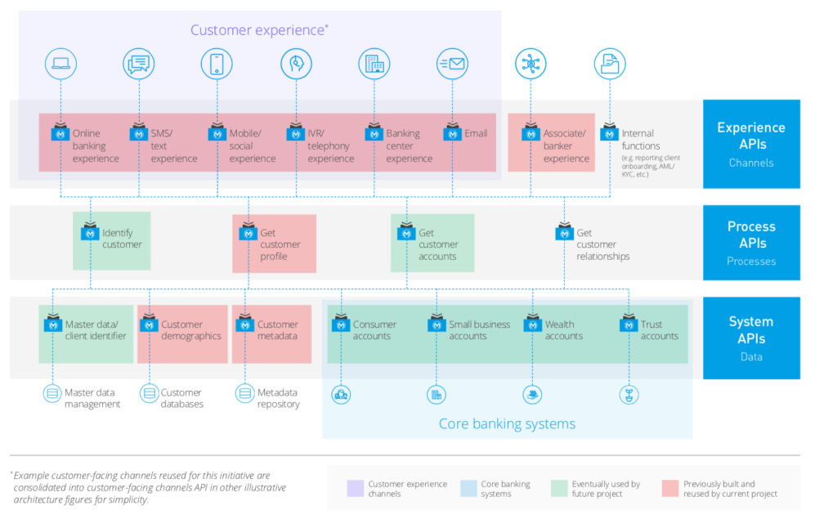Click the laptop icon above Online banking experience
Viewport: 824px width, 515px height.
point(60,64)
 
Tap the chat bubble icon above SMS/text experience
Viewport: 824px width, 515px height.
point(139,64)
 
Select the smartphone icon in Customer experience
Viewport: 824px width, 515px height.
point(217,64)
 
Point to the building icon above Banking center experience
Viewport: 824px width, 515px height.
point(374,64)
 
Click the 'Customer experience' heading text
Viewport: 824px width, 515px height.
point(259,30)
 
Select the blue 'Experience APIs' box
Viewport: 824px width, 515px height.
point(750,144)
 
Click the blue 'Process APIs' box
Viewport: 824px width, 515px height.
point(750,243)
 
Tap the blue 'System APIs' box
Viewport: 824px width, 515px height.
point(750,338)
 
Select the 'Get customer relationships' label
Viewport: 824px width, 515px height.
point(602,244)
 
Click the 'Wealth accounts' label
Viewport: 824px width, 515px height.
point(564,330)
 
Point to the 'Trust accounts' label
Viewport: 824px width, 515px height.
point(659,330)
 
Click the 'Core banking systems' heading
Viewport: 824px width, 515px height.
point(507,423)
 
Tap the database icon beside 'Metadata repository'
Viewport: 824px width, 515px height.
point(244,394)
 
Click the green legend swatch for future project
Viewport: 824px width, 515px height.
point(560,488)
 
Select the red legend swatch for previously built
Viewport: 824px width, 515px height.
point(671,488)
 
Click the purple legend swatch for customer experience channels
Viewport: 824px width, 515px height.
point(356,488)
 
